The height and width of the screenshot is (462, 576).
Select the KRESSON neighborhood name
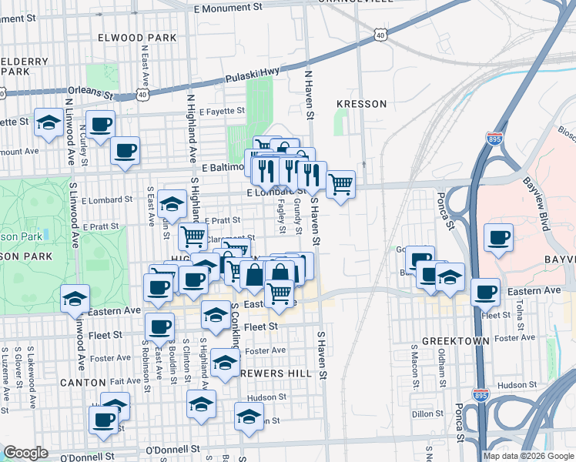tap(360, 103)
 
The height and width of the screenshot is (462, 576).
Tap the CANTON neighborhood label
tap(82, 382)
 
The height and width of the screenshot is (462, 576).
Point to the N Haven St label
tap(310, 96)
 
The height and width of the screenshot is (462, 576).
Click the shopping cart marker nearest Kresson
tap(340, 184)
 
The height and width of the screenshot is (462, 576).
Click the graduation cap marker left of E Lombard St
tap(172, 204)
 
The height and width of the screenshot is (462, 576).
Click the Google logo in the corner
tap(25, 453)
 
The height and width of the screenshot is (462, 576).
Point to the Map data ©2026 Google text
tap(529, 456)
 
